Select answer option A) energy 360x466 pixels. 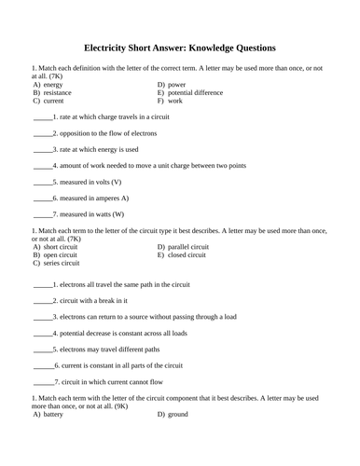pyautogui.click(x=48, y=84)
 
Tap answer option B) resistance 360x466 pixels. pyautogui.click(x=52, y=92)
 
